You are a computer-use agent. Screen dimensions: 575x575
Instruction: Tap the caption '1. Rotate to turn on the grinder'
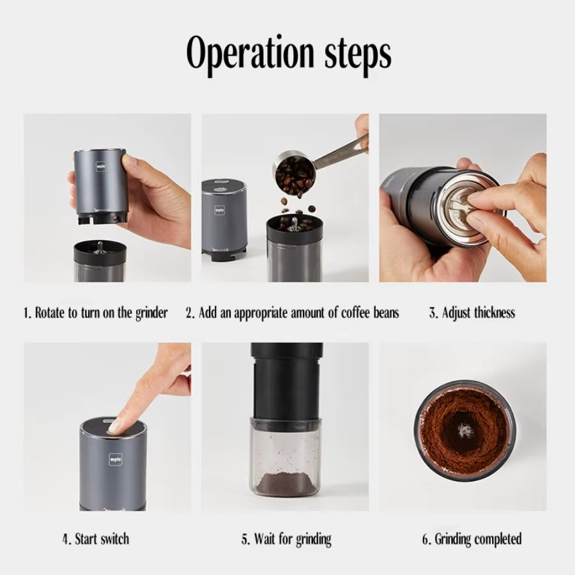coord(96,313)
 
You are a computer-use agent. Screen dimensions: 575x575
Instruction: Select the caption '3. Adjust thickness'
coord(471,313)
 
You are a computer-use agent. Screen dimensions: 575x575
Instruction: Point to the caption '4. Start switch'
coord(96,539)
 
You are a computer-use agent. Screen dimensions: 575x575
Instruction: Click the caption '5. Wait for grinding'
coord(286,539)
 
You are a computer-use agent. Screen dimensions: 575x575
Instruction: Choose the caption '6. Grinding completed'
coord(471,539)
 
